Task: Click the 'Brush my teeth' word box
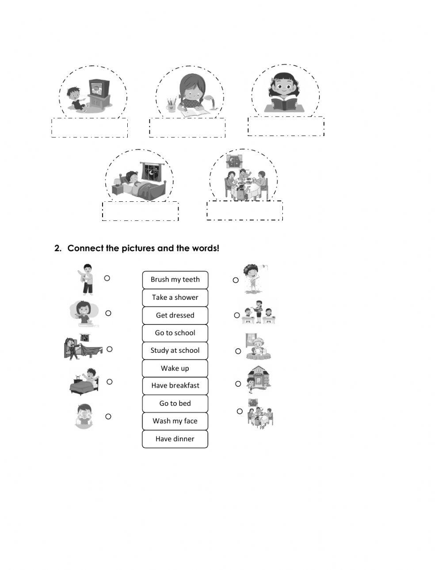175,279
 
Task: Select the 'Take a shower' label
175,298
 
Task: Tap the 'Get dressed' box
175,315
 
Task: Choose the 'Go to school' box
175,333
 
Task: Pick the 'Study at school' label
175,351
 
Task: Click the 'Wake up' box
175,368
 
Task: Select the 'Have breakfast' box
175,385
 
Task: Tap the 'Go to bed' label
175,403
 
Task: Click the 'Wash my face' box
175,421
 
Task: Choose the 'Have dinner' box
175,439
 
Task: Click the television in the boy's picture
99,88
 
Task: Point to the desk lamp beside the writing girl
214,102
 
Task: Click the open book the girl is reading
283,105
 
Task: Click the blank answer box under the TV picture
90,128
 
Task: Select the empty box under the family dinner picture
244,211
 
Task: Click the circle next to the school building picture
238,384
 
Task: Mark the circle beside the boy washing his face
108,416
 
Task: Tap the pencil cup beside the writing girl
171,106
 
